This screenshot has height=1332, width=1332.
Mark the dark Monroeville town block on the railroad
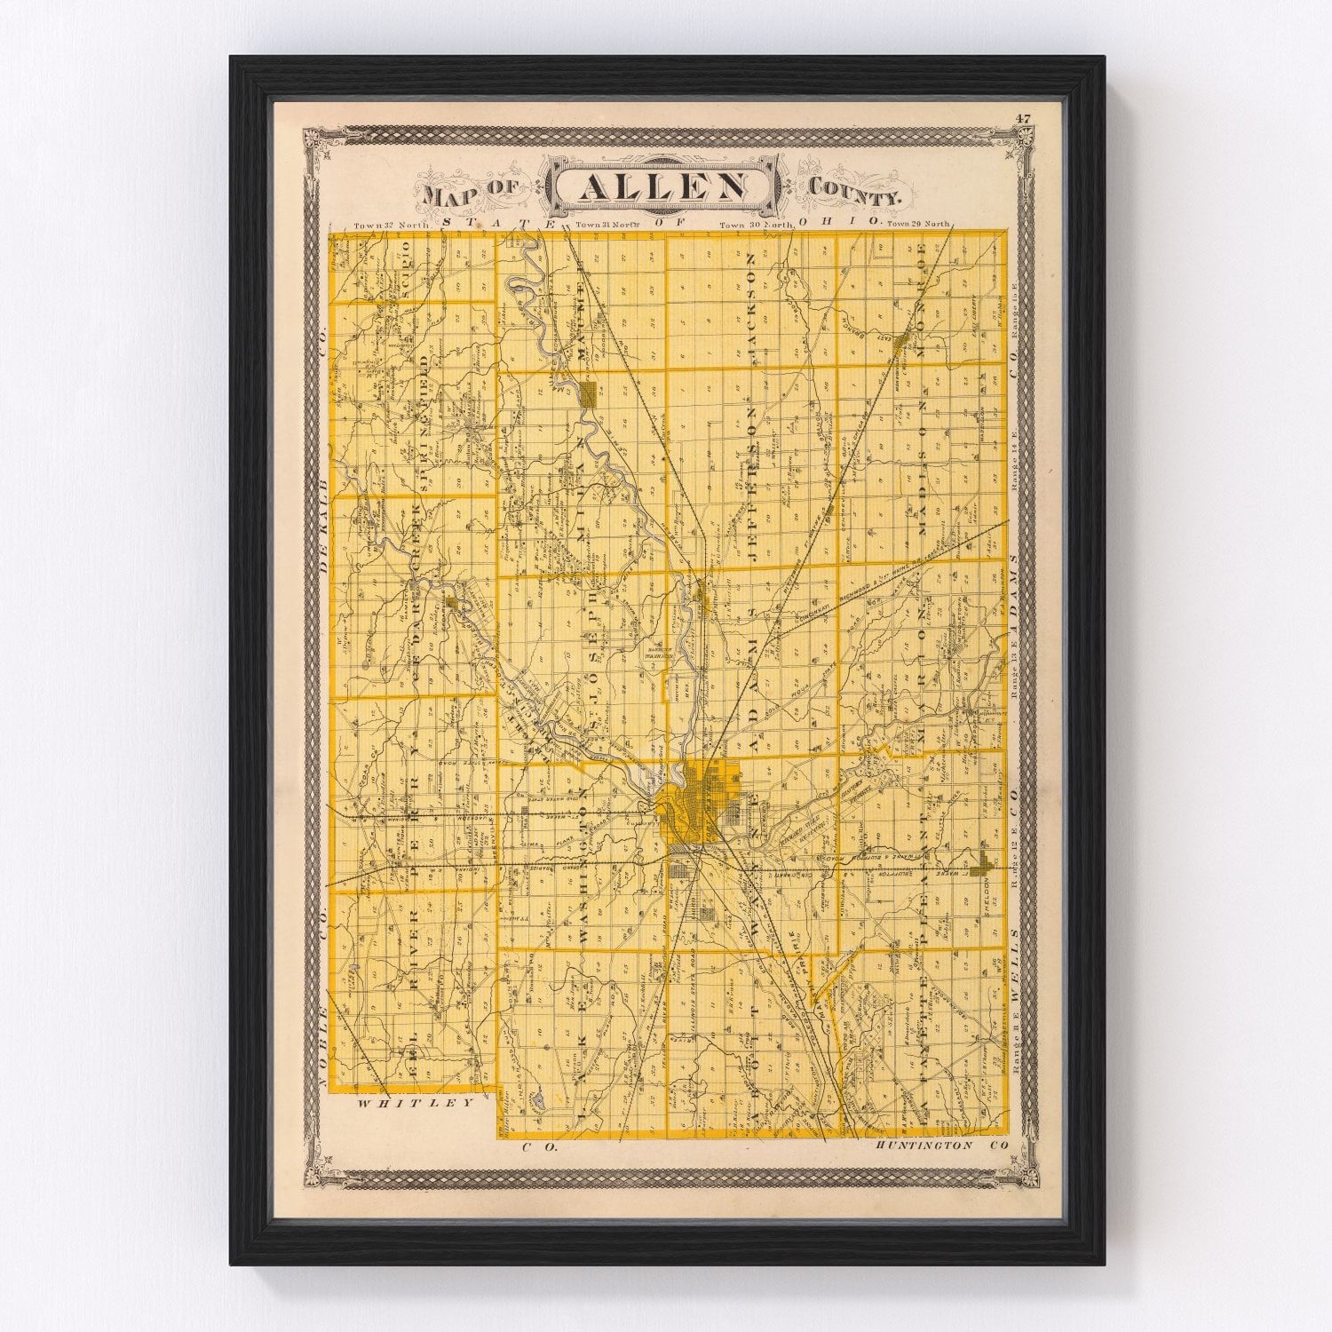coord(902,341)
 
